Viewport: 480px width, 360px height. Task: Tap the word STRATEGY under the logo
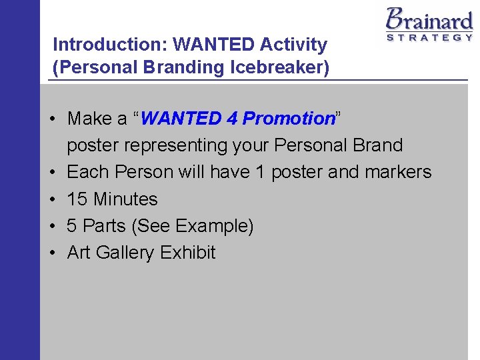(x=429, y=38)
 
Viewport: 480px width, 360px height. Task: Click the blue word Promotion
(x=288, y=119)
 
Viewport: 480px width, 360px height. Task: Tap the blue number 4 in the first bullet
(x=231, y=119)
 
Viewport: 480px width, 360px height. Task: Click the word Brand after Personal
(x=377, y=145)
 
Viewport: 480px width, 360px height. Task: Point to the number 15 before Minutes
(x=77, y=199)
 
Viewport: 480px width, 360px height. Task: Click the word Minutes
(x=126, y=199)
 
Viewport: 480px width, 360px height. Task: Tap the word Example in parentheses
(x=214, y=226)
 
